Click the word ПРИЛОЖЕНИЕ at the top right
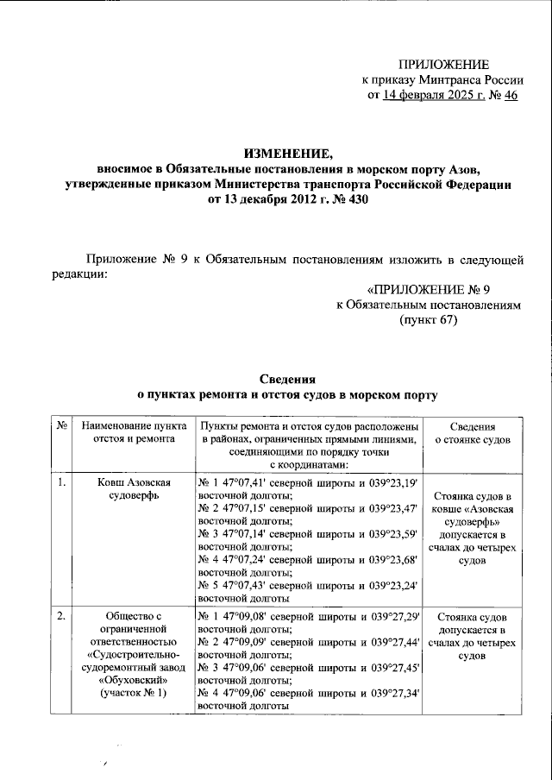pos(443,65)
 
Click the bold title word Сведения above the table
pos(288,380)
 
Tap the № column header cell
pos(62,427)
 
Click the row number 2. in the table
pos(62,617)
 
